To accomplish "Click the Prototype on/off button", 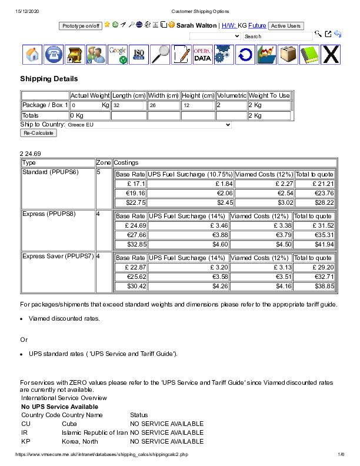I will (81, 26).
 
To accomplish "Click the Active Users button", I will (286, 26).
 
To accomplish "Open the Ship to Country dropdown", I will (149, 125).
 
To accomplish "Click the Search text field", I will (278, 36).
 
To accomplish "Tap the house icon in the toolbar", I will (33, 55).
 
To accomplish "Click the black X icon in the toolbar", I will (331, 55).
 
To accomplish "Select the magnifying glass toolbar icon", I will (160, 55).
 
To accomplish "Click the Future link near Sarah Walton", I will (257, 26).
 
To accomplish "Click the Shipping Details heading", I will (49, 79).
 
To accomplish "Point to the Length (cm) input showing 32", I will (129, 105).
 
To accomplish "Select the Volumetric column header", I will (231, 95).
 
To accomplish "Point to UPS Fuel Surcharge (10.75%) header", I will (190, 174).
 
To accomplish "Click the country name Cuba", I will (69, 424).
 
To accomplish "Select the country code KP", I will (25, 441).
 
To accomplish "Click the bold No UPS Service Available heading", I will (59, 407).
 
